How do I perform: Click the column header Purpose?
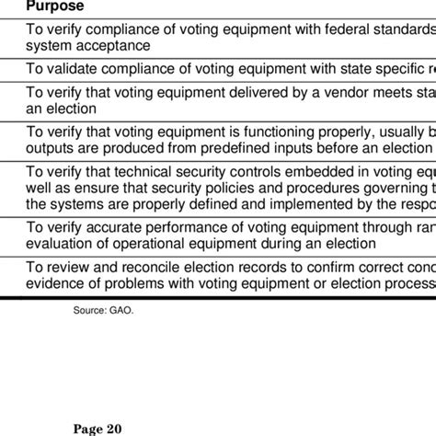54,6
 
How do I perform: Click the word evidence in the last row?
58,282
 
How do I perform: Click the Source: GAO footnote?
103,310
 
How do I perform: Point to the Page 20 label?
98,428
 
